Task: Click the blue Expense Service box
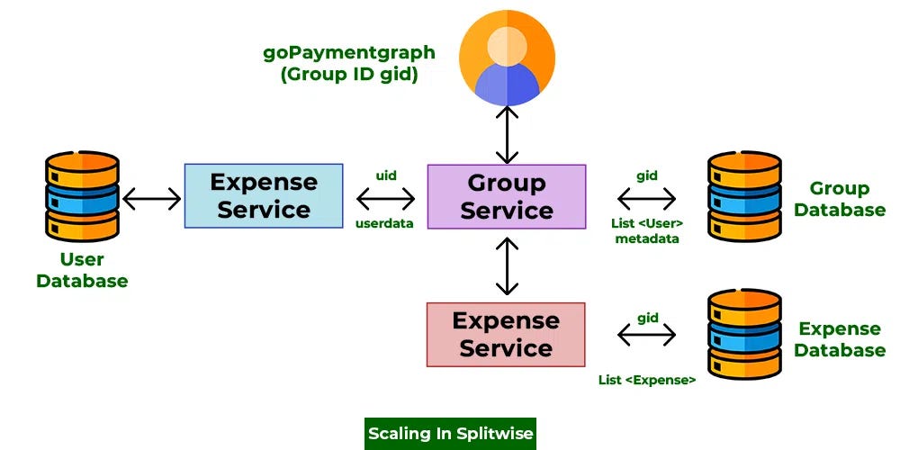click(264, 195)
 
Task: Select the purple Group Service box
click(506, 196)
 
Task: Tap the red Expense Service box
click(506, 334)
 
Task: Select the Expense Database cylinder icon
click(743, 334)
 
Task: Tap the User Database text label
click(82, 270)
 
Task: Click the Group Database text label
click(839, 199)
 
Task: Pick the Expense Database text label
click(839, 339)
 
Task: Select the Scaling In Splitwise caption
click(450, 434)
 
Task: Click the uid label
click(385, 176)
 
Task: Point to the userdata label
click(384, 222)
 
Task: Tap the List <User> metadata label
click(647, 230)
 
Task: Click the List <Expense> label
click(647, 380)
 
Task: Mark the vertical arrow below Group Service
click(508, 265)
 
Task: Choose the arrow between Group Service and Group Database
click(647, 197)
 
